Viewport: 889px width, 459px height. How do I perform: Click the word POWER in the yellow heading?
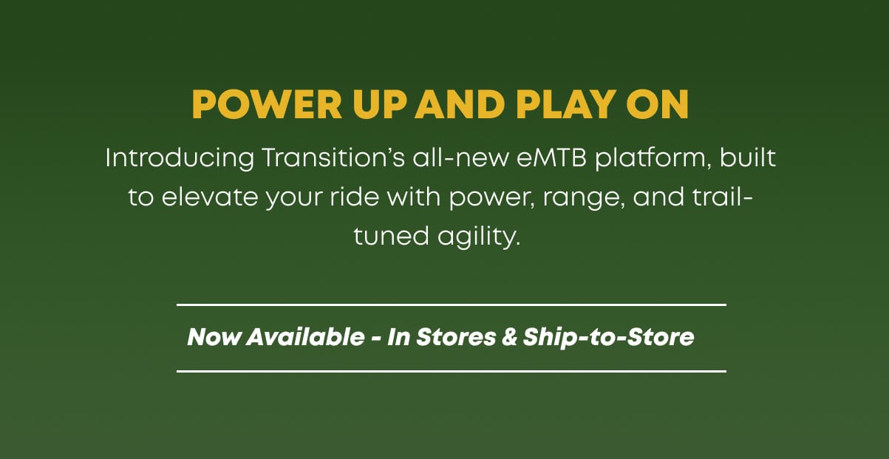(267, 104)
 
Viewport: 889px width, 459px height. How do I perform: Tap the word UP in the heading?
(379, 104)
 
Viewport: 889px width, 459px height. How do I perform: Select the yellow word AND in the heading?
(460, 104)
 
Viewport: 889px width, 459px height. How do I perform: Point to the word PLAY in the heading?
(566, 104)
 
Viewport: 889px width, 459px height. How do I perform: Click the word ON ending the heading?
(657, 104)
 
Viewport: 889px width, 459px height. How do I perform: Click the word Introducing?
(180, 159)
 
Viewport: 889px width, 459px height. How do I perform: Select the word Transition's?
(333, 157)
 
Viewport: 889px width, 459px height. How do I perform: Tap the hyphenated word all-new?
(460, 157)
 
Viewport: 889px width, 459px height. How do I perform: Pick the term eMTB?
(552, 157)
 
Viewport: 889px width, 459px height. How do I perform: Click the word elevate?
(210, 197)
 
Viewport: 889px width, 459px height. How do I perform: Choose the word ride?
(355, 197)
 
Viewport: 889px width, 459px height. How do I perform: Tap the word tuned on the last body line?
(392, 236)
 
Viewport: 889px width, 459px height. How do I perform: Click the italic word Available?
(305, 337)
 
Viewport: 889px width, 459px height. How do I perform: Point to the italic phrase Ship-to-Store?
(608, 338)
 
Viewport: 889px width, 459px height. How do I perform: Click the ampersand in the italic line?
(510, 337)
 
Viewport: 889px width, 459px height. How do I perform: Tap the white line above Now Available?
(452, 305)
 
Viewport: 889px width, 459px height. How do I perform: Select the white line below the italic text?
(452, 372)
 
